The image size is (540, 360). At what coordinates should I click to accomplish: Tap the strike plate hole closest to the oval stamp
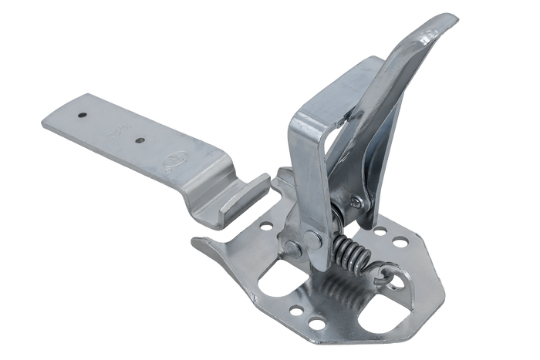point(140,141)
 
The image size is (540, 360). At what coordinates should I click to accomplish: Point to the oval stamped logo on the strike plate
point(170,163)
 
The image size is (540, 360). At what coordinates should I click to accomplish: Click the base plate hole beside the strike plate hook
point(267,226)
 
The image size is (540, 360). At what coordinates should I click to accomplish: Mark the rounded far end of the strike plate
point(48,123)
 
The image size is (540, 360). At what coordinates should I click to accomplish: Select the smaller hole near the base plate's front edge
point(295,309)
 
